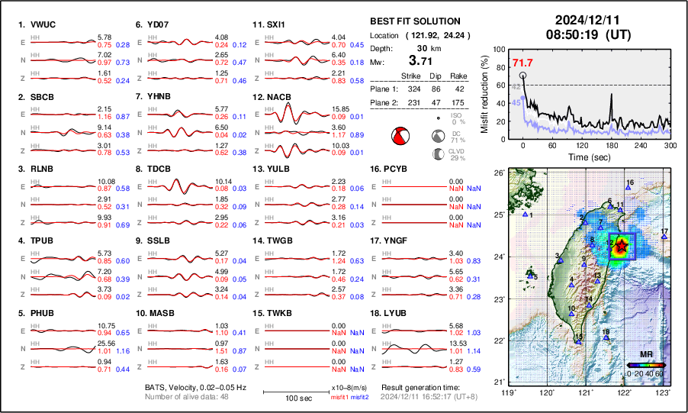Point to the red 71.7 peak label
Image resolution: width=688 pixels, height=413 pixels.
coord(522,62)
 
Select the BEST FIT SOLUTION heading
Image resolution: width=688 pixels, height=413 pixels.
coord(415,21)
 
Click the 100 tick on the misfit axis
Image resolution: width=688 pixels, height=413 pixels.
coord(500,50)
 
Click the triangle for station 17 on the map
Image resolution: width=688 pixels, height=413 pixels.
coord(664,237)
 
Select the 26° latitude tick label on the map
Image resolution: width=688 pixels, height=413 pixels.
coord(497,173)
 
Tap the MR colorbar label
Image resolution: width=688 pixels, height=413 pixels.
coord(645,355)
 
